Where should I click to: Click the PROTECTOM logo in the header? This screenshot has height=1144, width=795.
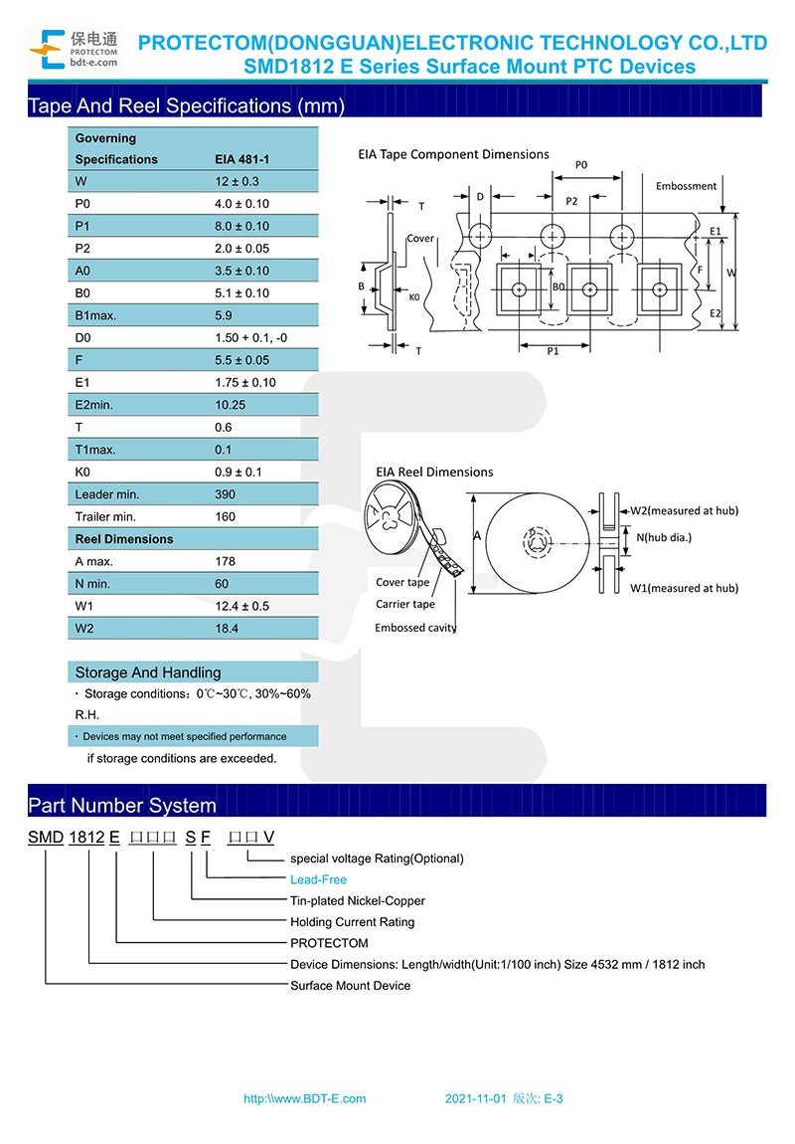tap(74, 50)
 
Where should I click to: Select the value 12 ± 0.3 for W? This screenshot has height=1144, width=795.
tap(237, 182)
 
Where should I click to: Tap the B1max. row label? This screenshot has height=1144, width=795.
tap(95, 316)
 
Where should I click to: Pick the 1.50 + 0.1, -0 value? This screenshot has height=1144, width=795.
tap(250, 338)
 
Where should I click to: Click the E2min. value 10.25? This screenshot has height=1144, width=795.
tap(231, 405)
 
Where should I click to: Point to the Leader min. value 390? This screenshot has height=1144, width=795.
tap(226, 494)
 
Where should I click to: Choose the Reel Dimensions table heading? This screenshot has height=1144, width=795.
tap(124, 539)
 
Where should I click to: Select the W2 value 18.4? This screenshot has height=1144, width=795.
tap(227, 629)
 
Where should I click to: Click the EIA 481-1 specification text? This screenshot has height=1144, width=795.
tap(241, 160)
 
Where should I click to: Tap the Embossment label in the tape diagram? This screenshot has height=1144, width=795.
tap(686, 186)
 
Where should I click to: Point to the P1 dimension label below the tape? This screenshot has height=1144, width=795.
tap(554, 352)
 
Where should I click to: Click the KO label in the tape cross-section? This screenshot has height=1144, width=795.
tap(413, 297)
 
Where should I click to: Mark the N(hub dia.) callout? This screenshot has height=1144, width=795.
tap(664, 538)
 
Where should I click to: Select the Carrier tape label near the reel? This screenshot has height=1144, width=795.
tap(405, 604)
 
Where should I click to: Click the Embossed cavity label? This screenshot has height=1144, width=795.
tap(415, 628)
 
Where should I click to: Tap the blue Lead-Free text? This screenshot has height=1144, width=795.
tap(318, 880)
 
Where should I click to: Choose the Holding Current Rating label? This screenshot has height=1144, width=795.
tap(353, 922)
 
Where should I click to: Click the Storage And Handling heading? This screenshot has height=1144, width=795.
tap(148, 672)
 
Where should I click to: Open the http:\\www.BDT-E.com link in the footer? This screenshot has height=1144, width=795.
tap(305, 1099)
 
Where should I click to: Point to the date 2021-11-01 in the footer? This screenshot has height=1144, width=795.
tap(475, 1099)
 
